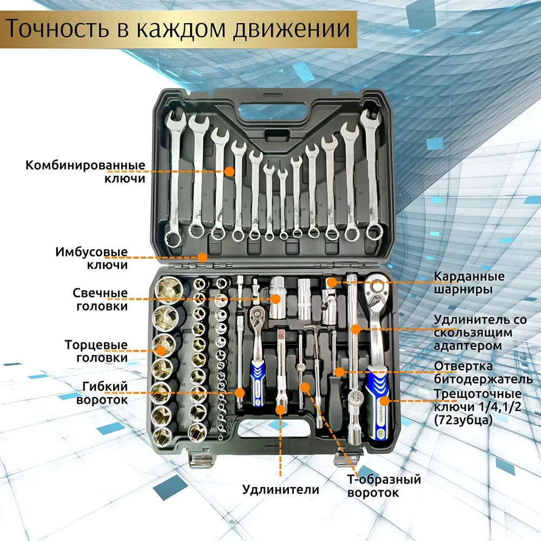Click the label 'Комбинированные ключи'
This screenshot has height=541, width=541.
click(85, 171)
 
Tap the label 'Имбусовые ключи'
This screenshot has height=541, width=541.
click(91, 259)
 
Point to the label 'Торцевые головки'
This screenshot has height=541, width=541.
click(96, 351)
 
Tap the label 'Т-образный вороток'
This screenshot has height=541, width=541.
click(384, 486)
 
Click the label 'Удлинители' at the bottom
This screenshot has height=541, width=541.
click(281, 490)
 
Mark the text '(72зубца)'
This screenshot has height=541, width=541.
click(463, 420)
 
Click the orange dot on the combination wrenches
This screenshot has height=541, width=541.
click(229, 171)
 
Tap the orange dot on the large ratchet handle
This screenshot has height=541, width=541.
click(384, 401)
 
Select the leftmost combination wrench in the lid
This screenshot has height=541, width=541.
click(175, 179)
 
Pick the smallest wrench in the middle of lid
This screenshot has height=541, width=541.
click(283, 203)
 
